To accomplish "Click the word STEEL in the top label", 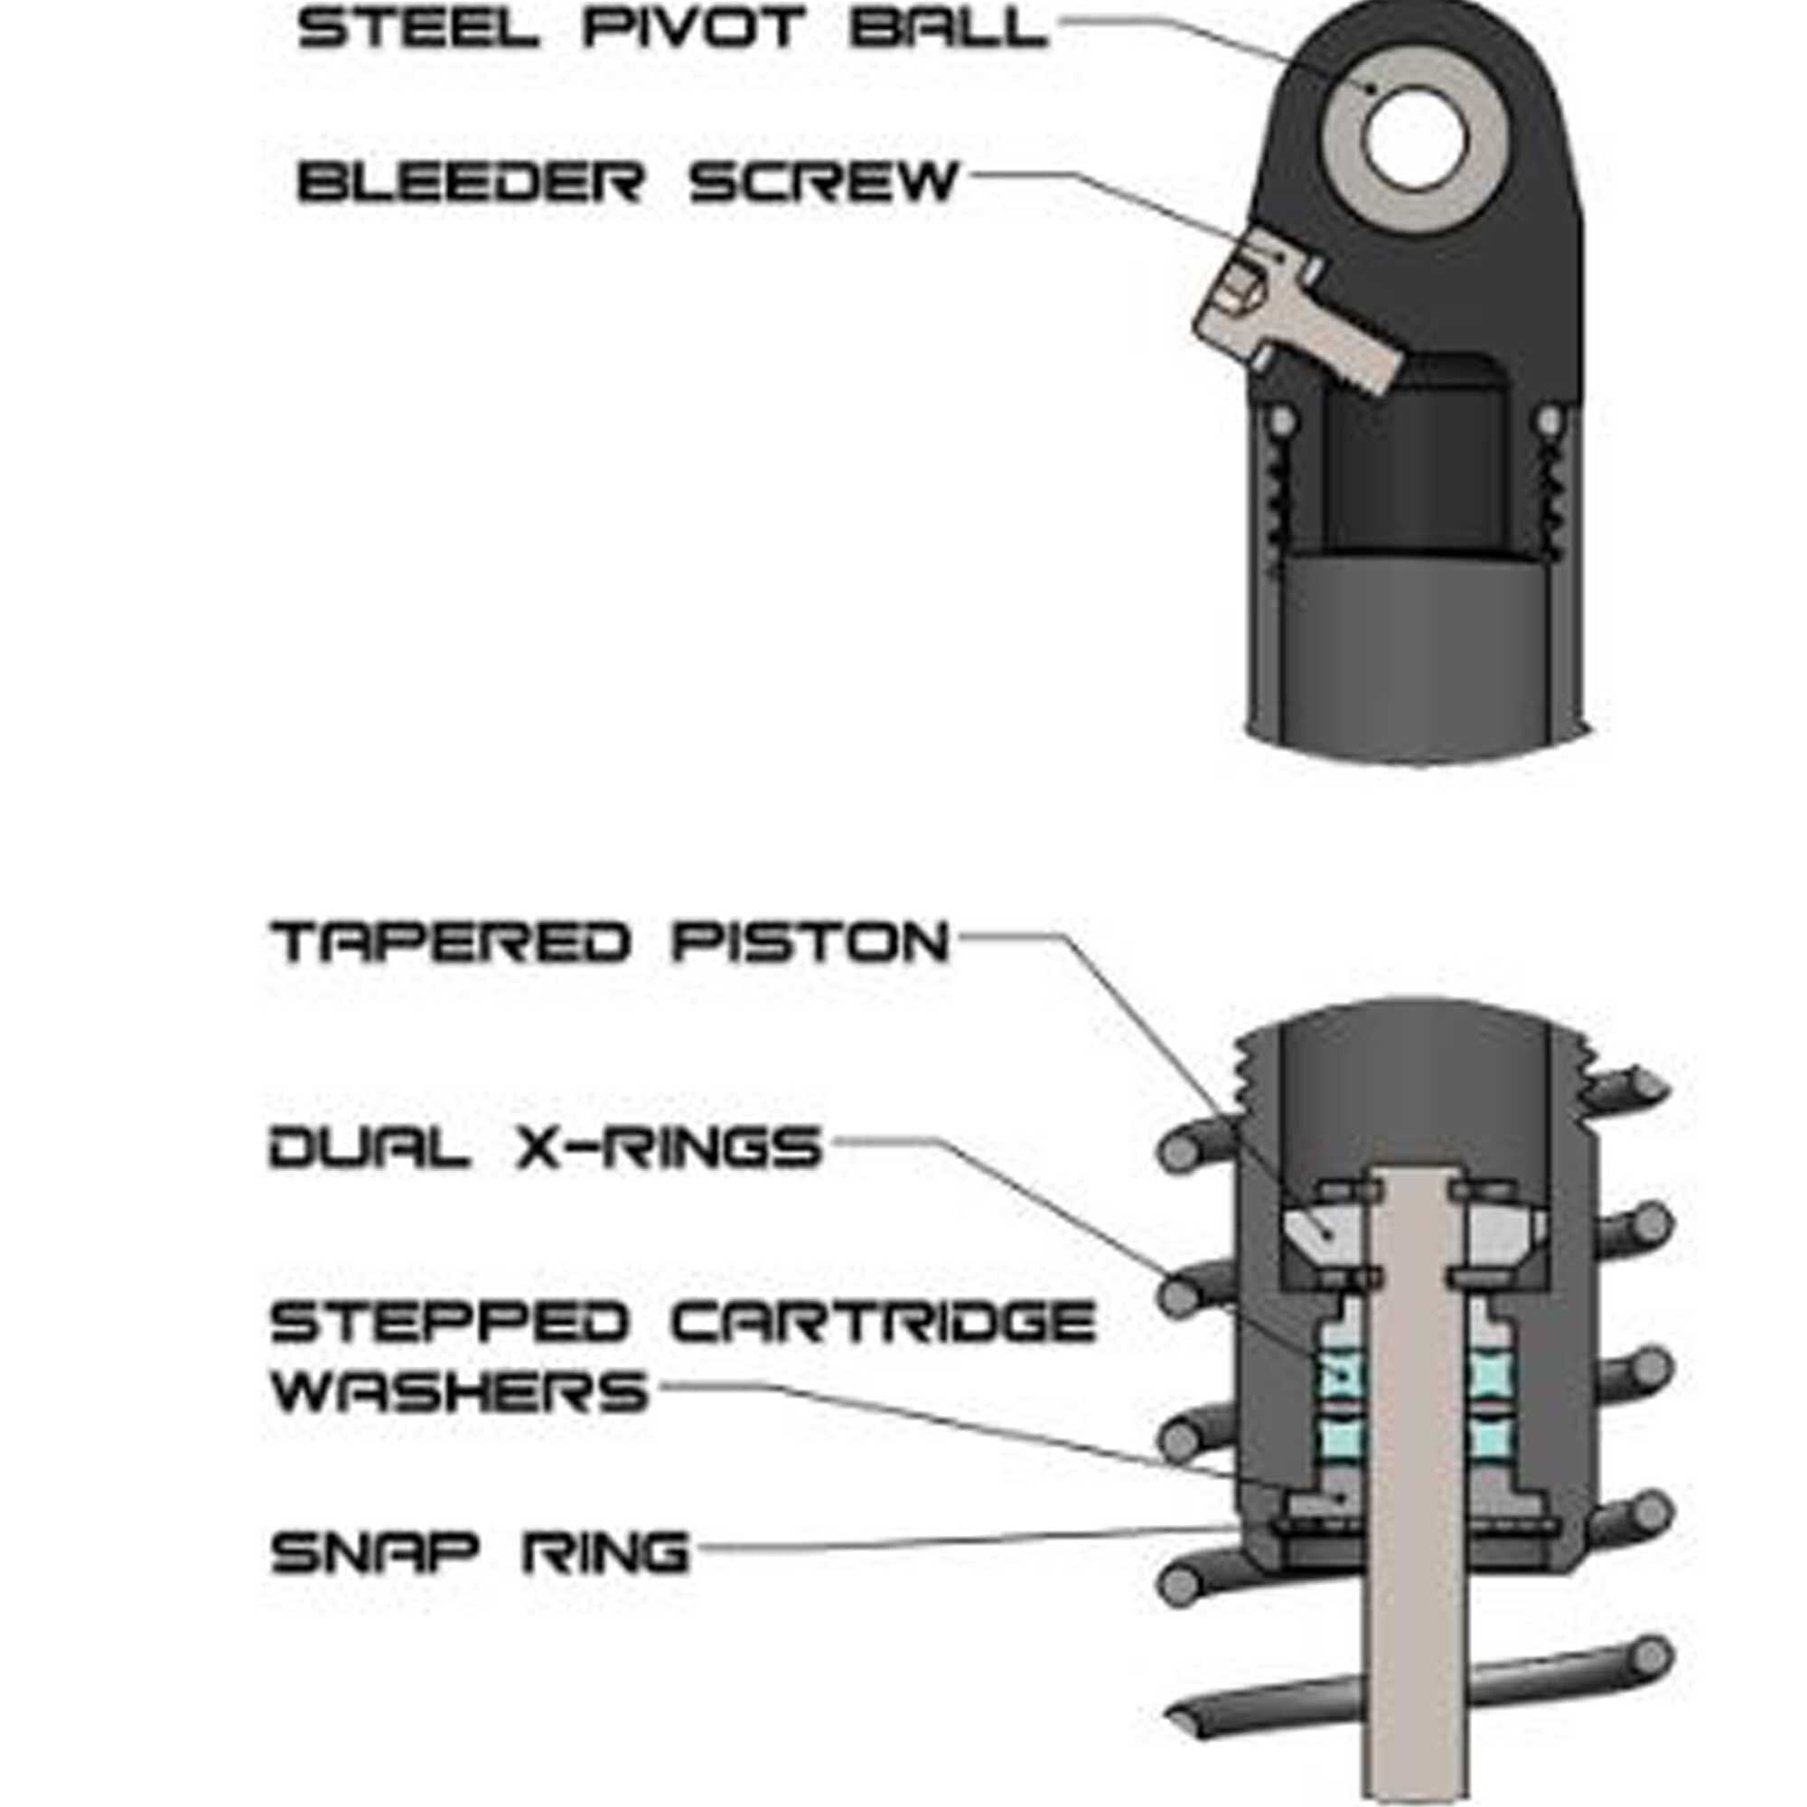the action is [418, 29].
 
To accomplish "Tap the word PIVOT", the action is [694, 29].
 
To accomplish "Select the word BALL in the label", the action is [948, 29].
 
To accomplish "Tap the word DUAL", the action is [370, 1147].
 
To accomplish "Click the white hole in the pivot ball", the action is [1414, 136].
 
